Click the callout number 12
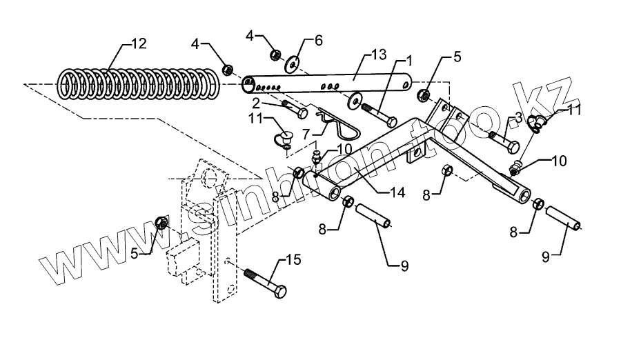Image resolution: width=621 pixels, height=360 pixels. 138,44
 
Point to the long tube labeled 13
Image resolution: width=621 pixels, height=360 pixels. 324,85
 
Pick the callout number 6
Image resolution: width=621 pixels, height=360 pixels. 318,41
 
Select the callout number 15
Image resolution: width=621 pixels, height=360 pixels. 293,261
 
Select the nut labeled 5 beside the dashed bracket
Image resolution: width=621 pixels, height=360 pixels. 161,223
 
